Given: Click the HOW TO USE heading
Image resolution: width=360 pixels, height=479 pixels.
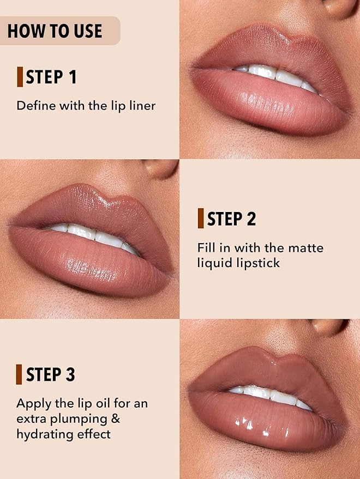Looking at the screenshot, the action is point(55,31).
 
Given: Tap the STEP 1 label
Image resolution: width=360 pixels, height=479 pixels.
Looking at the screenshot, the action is point(51,77).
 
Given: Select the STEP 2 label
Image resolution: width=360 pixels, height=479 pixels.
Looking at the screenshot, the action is point(231,219).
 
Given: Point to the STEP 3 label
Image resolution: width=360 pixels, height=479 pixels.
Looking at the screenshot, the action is point(51,374).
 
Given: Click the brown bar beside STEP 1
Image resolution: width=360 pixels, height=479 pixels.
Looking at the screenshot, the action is point(20,77).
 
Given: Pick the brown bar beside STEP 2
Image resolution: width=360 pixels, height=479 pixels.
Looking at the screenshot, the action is point(201,219).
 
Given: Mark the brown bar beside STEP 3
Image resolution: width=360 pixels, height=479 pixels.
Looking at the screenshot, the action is point(19,374).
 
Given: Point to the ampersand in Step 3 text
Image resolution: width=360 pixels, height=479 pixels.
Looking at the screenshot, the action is point(116,419).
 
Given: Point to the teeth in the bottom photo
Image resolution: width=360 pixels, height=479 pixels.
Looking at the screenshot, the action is point(271,396).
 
